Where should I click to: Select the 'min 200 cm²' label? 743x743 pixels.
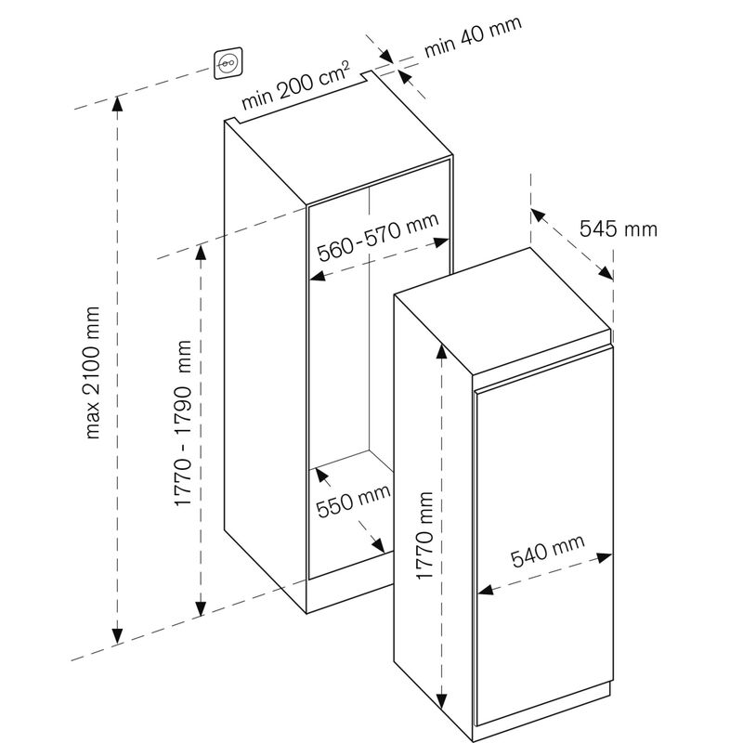[x=296, y=85]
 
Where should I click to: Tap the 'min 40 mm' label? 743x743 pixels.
[x=473, y=36]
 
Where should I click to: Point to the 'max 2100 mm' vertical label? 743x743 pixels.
[x=93, y=371]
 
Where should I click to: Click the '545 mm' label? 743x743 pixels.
[x=618, y=228]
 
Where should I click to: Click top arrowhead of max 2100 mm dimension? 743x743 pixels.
[x=118, y=103]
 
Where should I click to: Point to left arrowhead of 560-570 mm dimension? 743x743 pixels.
[x=316, y=276]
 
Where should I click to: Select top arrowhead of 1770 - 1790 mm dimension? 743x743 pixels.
[x=199, y=255]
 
